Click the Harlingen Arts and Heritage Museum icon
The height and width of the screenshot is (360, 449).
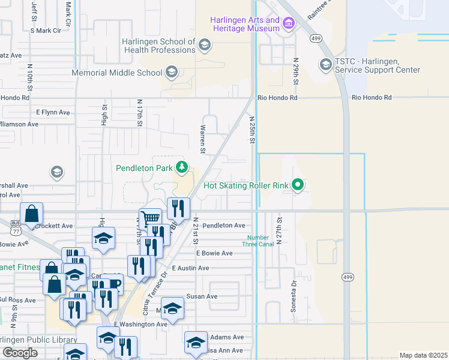coord(289,23)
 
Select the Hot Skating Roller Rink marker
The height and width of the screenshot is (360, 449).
coord(297,185)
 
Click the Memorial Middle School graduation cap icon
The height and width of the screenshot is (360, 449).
coord(171,73)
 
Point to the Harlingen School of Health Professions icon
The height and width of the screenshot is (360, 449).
coord(204,45)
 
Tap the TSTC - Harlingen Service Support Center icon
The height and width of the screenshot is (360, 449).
coord(326,64)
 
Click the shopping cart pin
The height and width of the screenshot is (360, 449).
coord(150,218)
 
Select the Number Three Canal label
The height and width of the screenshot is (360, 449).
coord(259,241)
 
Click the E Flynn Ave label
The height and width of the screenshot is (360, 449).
coord(53,112)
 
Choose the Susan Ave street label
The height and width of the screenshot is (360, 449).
coord(202,296)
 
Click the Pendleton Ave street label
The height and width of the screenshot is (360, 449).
coord(223,226)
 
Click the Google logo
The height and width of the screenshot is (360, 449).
coord(19,353)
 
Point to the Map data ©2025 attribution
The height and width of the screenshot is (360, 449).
coord(423,355)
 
